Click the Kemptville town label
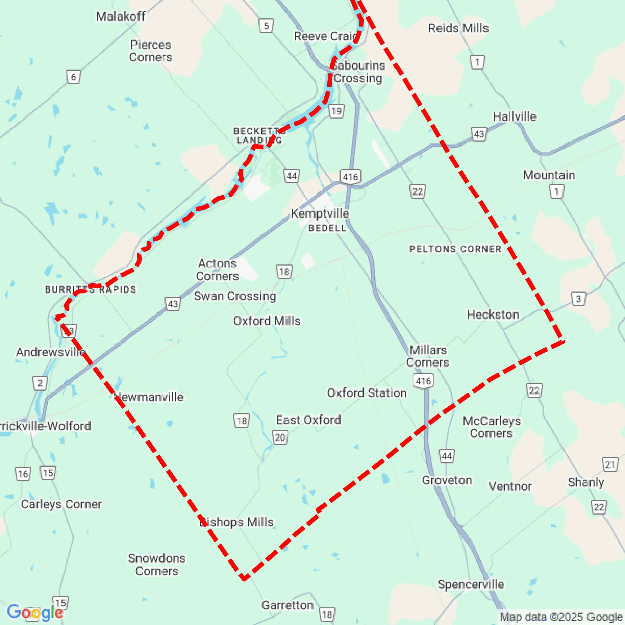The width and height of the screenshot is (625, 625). point(320,214)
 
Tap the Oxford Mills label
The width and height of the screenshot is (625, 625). point(267,321)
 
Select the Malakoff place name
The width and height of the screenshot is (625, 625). point(121,16)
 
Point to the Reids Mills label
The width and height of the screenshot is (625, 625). point(458,28)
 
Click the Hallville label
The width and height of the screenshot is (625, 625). point(514,116)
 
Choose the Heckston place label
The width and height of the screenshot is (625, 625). point(493,315)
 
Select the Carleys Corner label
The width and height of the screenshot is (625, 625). point(61,504)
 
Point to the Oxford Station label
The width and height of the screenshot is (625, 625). point(367,392)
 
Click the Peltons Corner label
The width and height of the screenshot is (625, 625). point(455,249)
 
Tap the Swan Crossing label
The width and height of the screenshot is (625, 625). point(235,296)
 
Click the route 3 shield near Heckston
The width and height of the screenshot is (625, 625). point(578,299)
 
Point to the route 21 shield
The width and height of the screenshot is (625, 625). point(610,465)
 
